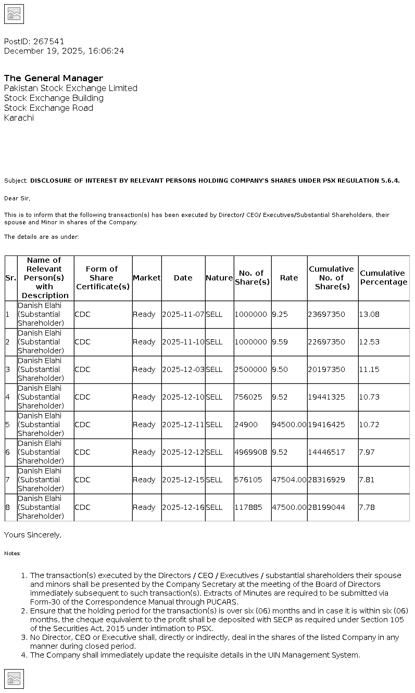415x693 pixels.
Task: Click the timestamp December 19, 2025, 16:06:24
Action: [x=64, y=51]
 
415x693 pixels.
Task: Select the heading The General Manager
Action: [x=54, y=78]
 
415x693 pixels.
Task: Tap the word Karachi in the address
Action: [x=19, y=118]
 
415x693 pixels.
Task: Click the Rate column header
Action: [x=289, y=278]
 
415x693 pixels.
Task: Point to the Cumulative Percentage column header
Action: [x=384, y=278]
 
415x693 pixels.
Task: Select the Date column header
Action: [x=183, y=278]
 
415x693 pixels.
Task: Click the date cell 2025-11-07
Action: [x=183, y=314]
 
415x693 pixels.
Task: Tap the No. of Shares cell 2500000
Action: [x=250, y=369]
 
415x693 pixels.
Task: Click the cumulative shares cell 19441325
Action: [x=326, y=397]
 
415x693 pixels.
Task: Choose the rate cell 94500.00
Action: [x=289, y=425]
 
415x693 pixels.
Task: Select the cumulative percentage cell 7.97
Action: [x=367, y=452]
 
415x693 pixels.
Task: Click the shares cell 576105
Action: [x=248, y=480]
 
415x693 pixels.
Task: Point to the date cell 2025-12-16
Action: [x=183, y=507]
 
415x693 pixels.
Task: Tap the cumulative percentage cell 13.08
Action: [x=369, y=314]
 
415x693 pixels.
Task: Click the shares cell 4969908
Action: [x=250, y=452]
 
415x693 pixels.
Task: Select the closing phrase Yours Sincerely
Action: [x=32, y=535]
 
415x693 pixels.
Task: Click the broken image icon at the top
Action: [x=14, y=14]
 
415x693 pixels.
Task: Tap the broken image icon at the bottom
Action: [x=14, y=678]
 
